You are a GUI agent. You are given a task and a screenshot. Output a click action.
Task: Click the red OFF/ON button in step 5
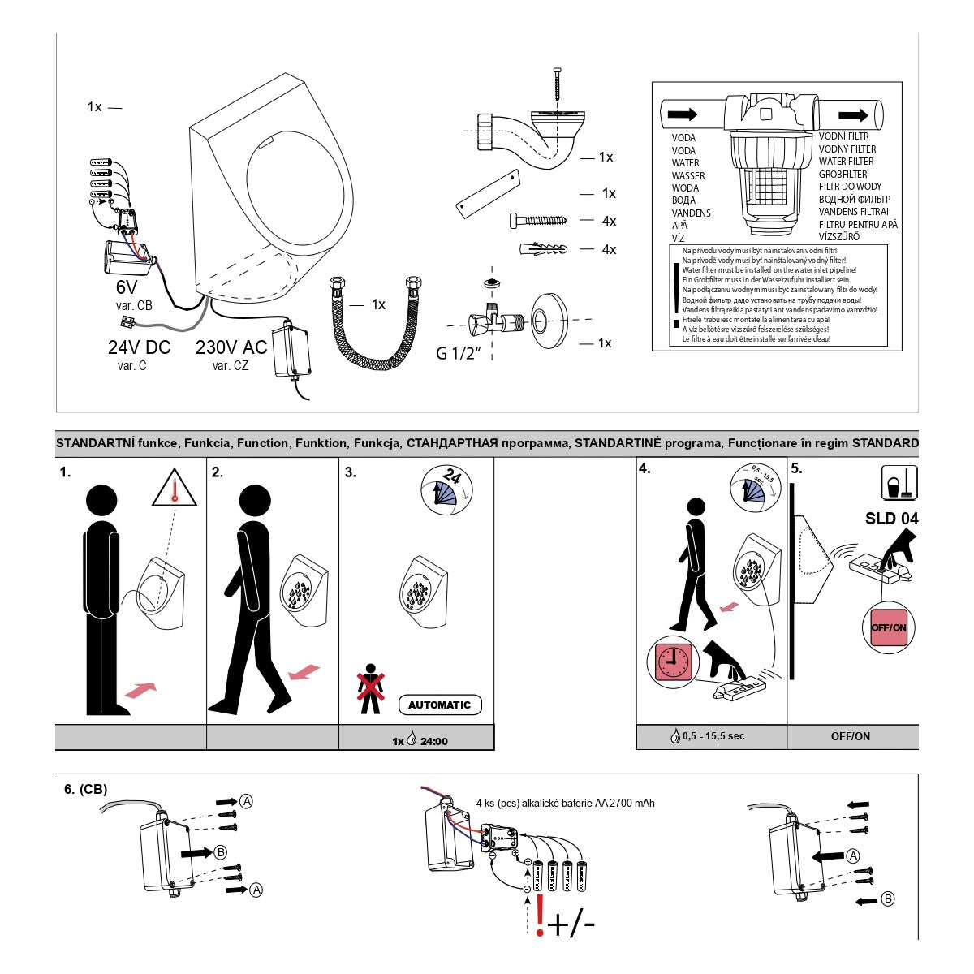tap(888, 627)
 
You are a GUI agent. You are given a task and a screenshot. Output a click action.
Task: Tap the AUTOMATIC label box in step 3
tap(439, 705)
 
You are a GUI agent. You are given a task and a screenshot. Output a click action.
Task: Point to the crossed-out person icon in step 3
tap(370, 689)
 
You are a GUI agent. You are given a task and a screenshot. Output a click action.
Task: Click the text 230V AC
tap(231, 347)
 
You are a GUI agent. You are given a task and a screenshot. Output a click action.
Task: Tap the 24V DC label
tap(139, 347)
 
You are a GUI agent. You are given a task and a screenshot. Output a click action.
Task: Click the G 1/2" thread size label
tap(459, 353)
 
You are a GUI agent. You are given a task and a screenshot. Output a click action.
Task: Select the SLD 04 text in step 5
tap(891, 518)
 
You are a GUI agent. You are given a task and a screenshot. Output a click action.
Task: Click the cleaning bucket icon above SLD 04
tap(899, 482)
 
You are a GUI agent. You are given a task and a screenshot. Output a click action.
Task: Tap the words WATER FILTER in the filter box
tap(846, 162)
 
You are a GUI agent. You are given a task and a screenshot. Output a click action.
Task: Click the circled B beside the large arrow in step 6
tap(220, 851)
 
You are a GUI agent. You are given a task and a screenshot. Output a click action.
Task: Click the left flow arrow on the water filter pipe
tap(683, 114)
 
